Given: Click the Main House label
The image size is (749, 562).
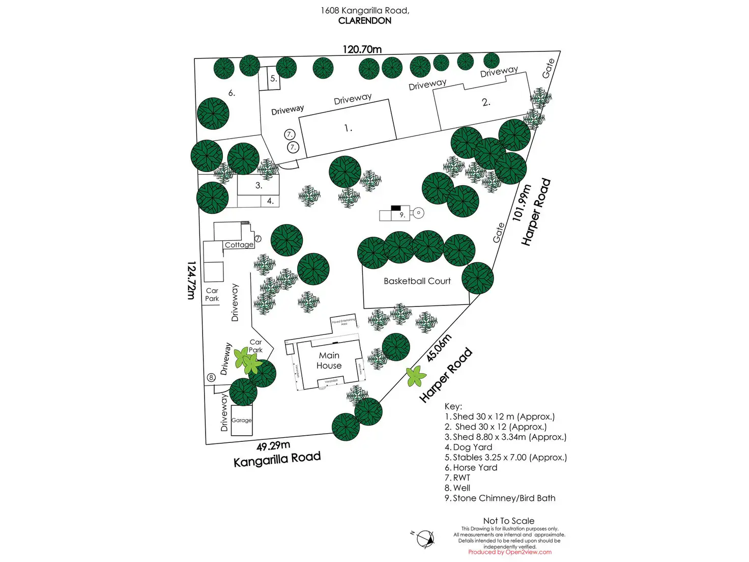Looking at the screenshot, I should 329,360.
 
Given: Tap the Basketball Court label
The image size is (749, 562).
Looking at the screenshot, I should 417,281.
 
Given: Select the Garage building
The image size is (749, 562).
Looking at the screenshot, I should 242,420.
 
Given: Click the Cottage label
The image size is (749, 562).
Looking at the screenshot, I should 239,245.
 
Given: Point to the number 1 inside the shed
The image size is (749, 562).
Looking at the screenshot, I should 348,128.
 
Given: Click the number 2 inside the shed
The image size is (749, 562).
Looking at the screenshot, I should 486,102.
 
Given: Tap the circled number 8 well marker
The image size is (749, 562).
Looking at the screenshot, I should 211,378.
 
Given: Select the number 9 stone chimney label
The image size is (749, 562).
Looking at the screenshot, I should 402,215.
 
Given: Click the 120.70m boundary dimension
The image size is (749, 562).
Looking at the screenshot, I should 362,49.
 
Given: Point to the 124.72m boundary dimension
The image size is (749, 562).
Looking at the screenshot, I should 191,280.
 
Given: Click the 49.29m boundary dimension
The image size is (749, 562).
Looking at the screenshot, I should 273,446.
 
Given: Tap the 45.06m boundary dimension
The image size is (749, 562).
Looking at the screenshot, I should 439,348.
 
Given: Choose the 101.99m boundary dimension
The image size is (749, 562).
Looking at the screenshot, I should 522,203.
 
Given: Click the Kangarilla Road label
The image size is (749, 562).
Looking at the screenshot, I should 277,459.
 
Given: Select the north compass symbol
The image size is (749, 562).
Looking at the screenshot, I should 425,539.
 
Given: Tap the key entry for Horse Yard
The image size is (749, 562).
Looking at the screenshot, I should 471,467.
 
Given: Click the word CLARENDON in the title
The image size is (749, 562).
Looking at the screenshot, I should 365,21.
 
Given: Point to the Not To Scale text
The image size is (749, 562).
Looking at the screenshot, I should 509,521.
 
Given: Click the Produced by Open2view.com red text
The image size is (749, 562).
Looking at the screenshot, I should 510,552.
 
